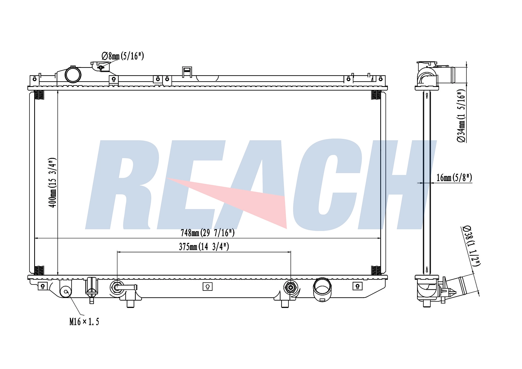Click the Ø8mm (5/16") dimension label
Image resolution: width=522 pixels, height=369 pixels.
pyautogui.click(x=122, y=56)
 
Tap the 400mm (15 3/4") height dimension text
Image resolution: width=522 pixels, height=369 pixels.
pyautogui.click(x=53, y=182)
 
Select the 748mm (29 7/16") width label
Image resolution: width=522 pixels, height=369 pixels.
pyautogui.click(x=207, y=233)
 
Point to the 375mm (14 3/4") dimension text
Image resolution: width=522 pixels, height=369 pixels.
pyautogui.click(x=204, y=247)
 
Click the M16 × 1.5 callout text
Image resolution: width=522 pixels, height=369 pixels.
pyautogui.click(x=84, y=322)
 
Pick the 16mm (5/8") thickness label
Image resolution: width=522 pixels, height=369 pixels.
pyautogui.click(x=454, y=178)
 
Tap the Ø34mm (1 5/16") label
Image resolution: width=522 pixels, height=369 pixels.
pyautogui.click(x=461, y=116)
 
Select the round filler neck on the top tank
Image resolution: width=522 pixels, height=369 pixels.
pyautogui.click(x=73, y=75)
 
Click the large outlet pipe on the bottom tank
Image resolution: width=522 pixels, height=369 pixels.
pyautogui.click(x=322, y=289)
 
